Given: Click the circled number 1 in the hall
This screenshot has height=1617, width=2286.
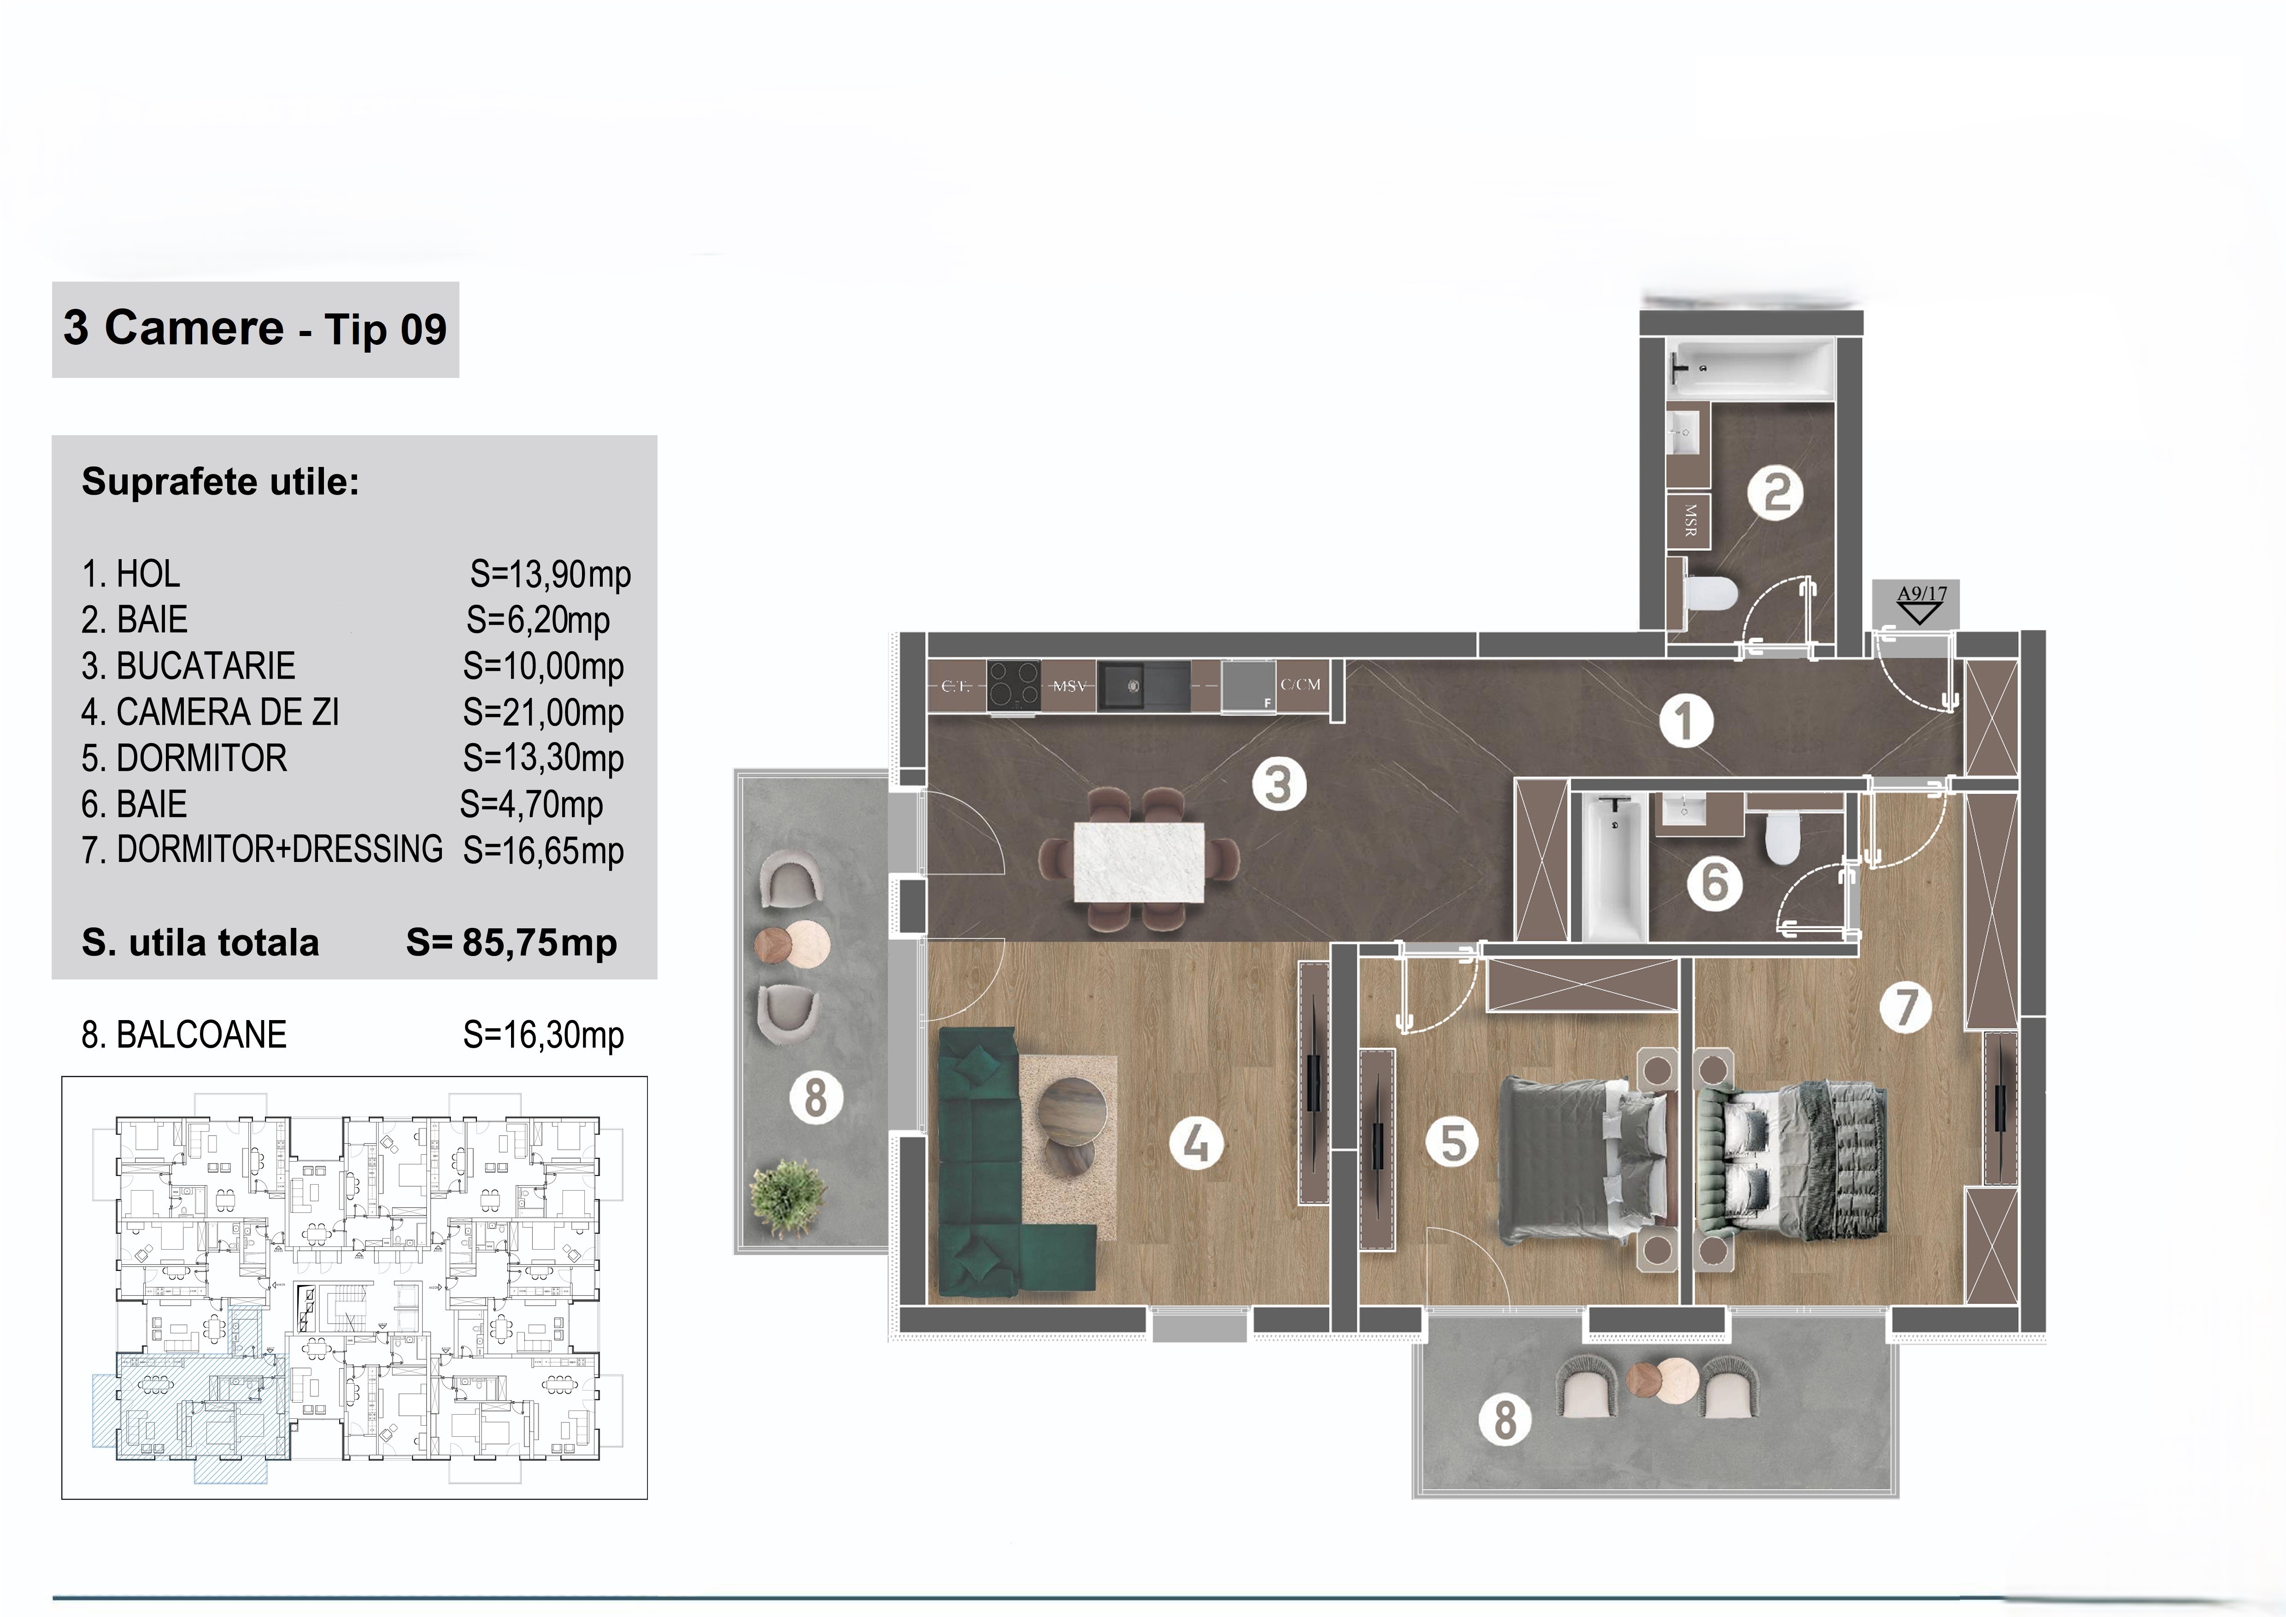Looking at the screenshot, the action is point(1686,721).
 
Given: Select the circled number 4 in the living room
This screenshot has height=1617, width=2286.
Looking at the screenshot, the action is point(1196,1143).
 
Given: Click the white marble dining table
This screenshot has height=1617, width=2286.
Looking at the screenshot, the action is point(1138,862).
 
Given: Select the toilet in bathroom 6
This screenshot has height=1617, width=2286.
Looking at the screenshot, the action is point(1779,838).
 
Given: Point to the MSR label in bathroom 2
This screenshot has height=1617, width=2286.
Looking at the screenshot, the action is point(1690,520).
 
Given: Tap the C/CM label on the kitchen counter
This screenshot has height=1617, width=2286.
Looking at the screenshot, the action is point(1300,684).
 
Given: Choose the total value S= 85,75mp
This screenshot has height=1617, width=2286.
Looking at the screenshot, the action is point(512,942).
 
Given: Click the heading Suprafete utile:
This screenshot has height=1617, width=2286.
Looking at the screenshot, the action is point(220,482).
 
